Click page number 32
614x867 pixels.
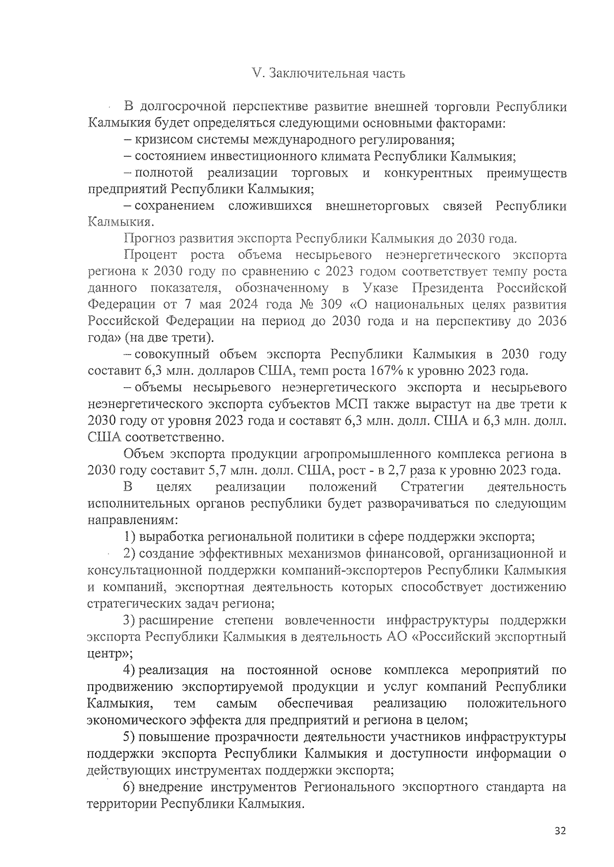tap(560, 831)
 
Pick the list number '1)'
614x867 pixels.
tap(130, 537)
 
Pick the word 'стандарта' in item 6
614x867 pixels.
tap(512, 787)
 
